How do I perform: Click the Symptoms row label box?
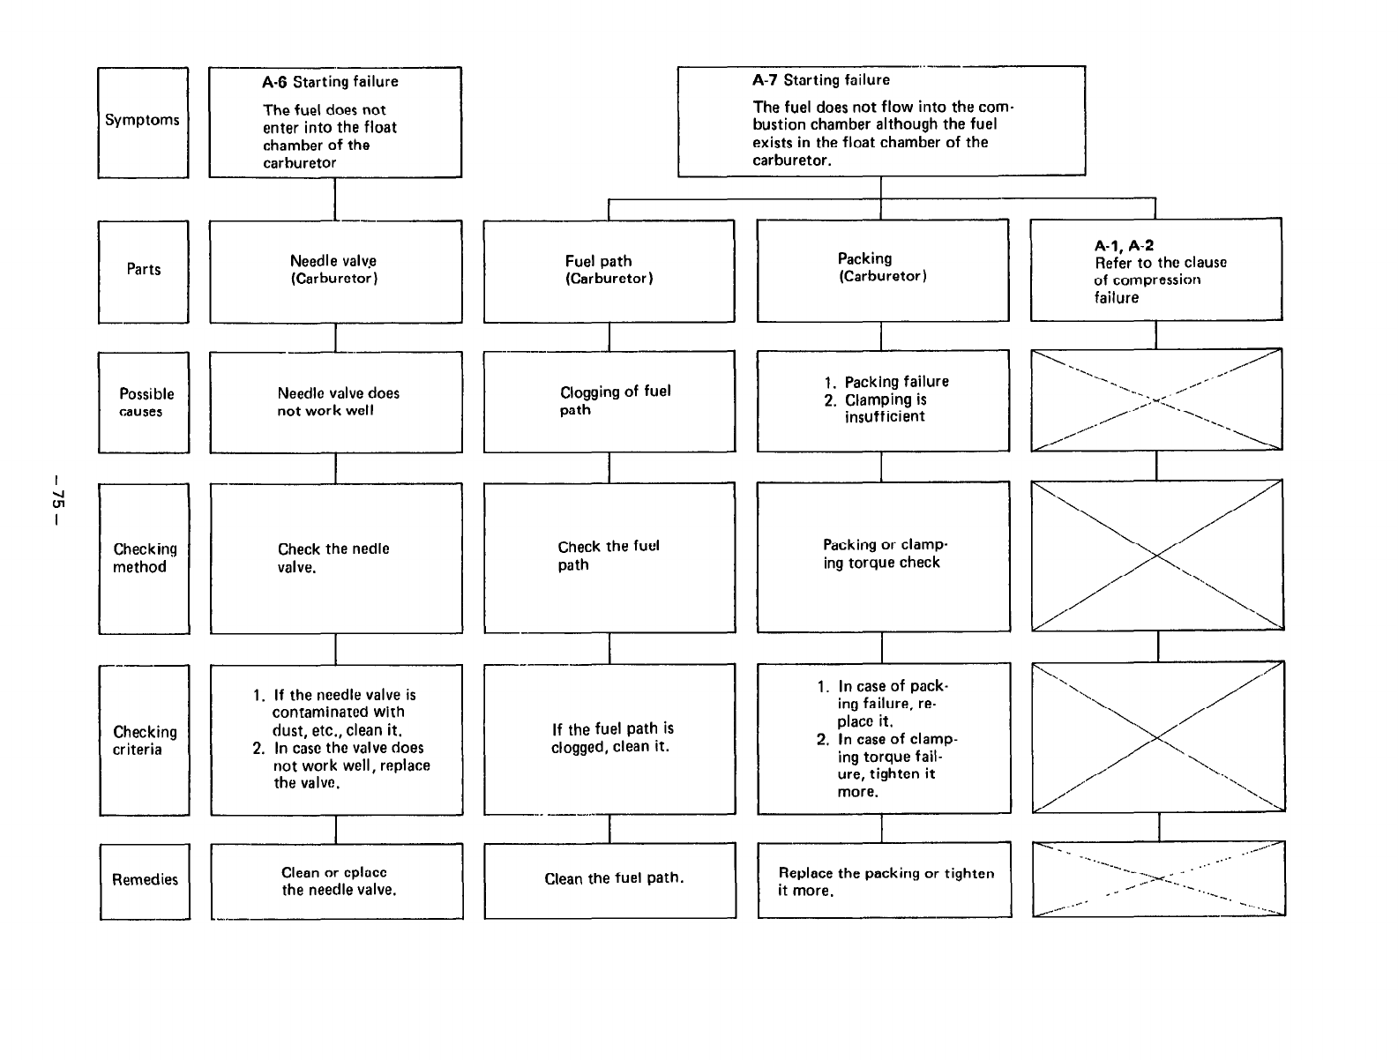[143, 122]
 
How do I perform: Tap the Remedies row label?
[145, 880]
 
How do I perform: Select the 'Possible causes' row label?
[144, 402]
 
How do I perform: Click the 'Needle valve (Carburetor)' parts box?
[335, 271]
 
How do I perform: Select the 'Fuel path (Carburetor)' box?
[609, 271]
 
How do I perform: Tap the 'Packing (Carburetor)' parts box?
[882, 269]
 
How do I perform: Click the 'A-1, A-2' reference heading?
[1124, 246]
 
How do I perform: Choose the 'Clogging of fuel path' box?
[609, 401]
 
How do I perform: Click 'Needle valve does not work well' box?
[335, 402]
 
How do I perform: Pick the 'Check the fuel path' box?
[609, 556]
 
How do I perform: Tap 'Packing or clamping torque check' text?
[883, 555]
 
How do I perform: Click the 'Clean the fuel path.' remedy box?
[609, 879]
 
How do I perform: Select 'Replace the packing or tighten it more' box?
[884, 881]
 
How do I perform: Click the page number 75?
[57, 501]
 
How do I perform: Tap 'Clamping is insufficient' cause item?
[885, 408]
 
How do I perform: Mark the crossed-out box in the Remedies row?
[1158, 878]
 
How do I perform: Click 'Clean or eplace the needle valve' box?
[336, 881]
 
